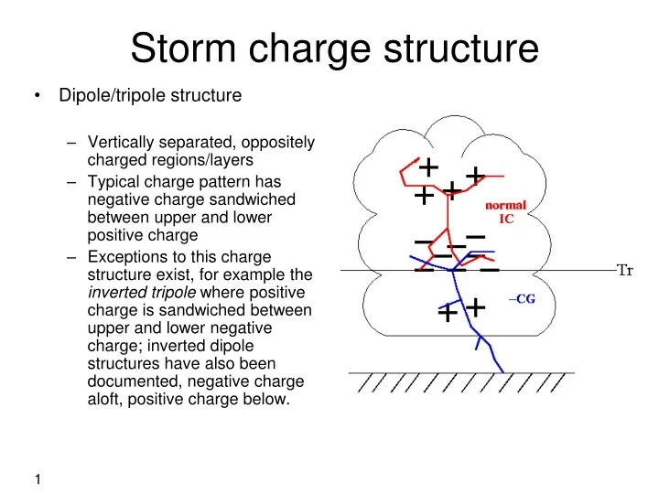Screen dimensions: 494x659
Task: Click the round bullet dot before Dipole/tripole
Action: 36,95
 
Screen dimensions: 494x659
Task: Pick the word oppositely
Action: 274,143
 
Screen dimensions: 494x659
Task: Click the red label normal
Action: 505,205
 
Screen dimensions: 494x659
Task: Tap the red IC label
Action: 505,220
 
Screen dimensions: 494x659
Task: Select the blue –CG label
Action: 521,299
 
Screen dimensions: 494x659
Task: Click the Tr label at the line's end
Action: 627,270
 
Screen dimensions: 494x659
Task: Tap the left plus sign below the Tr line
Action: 447,314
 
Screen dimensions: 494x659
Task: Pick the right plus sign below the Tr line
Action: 475,306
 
